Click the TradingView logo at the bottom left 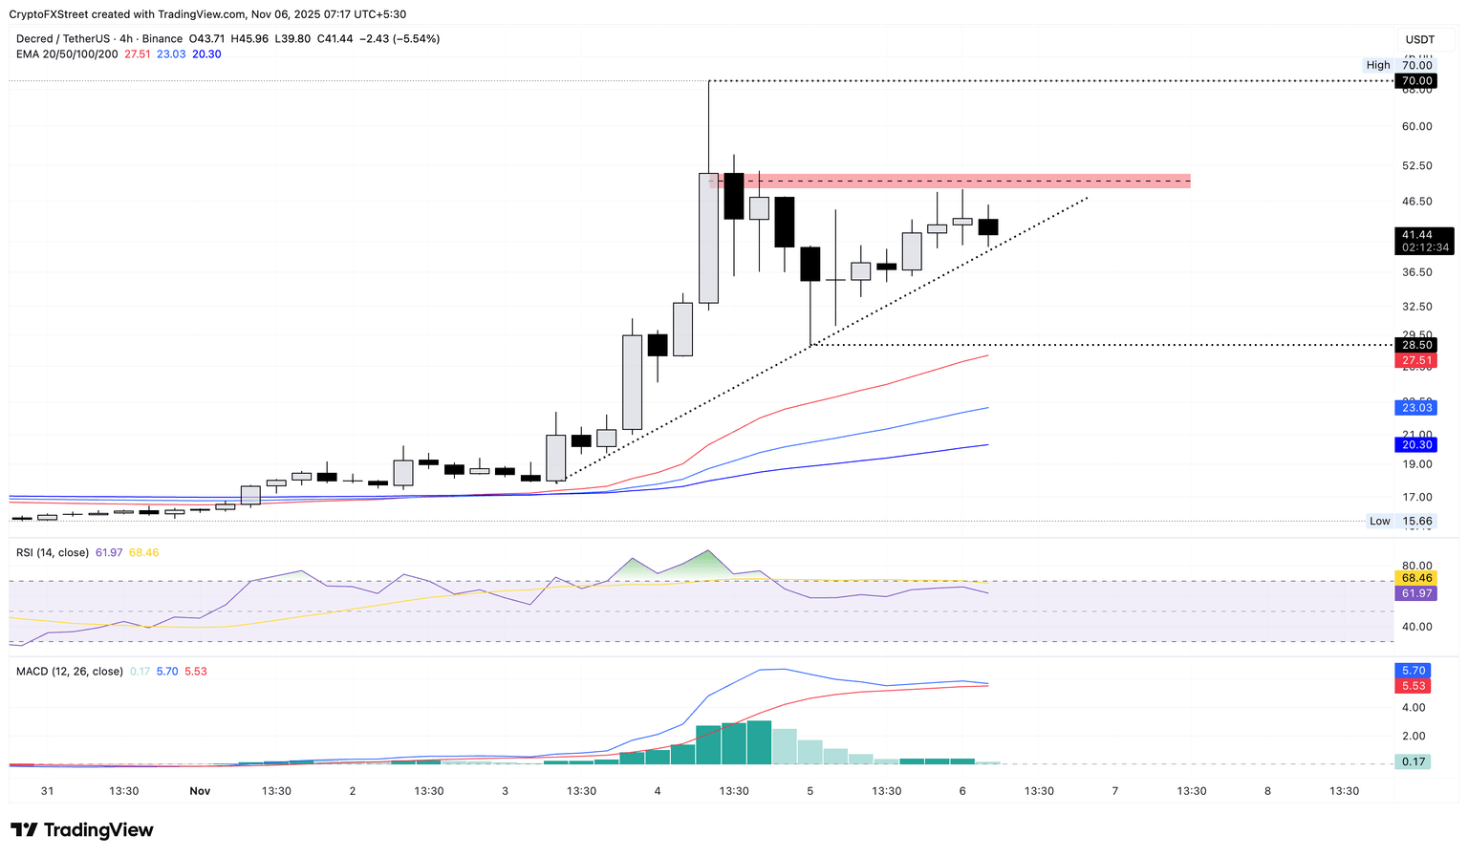(82, 830)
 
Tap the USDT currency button (1420, 39)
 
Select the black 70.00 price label (1416, 81)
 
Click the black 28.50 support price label (1416, 345)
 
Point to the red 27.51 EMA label (1416, 360)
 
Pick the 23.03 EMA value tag (1416, 408)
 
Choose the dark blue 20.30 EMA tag (1416, 444)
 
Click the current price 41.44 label (1416, 235)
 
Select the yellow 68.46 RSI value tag (1416, 578)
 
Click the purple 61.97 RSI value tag (1416, 593)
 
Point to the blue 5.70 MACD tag (1414, 671)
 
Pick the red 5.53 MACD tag (1414, 686)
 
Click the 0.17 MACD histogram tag (1414, 761)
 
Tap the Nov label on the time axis (200, 791)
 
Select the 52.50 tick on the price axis (1416, 165)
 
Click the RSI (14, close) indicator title (53, 552)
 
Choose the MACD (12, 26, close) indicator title (70, 672)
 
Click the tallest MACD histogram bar (759, 742)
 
